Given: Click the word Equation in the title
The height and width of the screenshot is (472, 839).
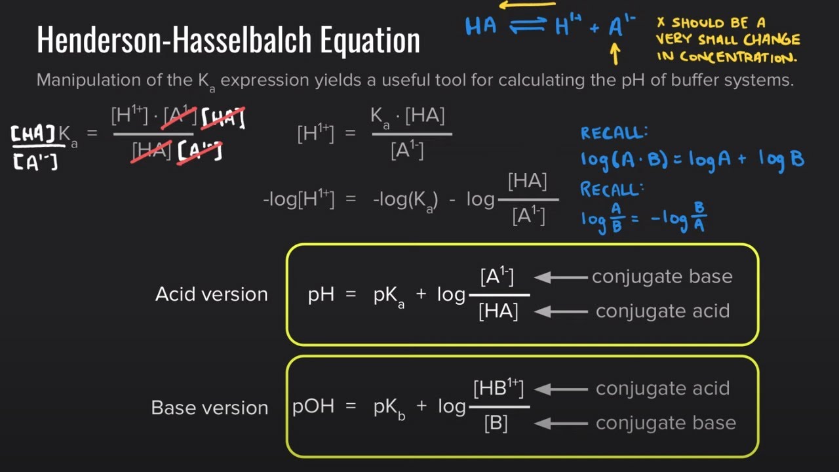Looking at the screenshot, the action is [x=370, y=41].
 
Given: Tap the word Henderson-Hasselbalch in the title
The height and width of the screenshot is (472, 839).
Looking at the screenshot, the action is [x=174, y=39].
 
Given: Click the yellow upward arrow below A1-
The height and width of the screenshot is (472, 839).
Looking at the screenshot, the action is [x=615, y=54].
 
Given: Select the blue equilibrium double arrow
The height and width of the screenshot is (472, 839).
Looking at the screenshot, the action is [x=528, y=26].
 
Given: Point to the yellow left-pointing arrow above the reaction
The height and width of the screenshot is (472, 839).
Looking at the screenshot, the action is [x=528, y=5].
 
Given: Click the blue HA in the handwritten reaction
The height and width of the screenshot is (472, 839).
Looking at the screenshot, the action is [x=481, y=26].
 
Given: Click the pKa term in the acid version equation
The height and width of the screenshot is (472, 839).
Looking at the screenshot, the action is [x=389, y=297].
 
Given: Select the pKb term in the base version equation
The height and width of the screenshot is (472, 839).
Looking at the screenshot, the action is [x=389, y=408].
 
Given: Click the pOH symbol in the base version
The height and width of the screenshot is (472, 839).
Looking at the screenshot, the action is [x=313, y=406].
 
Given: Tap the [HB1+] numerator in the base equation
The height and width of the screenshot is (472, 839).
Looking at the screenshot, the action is [x=499, y=388].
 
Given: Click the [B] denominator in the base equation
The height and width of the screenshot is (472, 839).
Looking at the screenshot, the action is [x=496, y=423].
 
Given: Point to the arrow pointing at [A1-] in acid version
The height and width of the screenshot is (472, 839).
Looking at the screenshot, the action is [x=560, y=277].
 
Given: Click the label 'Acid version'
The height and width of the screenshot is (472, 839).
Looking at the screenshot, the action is [x=212, y=294].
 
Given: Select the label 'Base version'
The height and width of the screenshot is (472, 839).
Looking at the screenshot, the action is [x=210, y=408].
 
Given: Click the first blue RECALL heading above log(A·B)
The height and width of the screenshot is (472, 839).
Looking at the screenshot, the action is [x=614, y=132].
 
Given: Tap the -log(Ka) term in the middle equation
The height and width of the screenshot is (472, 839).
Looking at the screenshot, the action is [x=405, y=201].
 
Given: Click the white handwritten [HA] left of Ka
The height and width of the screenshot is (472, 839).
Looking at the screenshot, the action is [x=33, y=134].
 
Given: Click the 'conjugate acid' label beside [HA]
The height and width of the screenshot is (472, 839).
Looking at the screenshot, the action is [x=663, y=311].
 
